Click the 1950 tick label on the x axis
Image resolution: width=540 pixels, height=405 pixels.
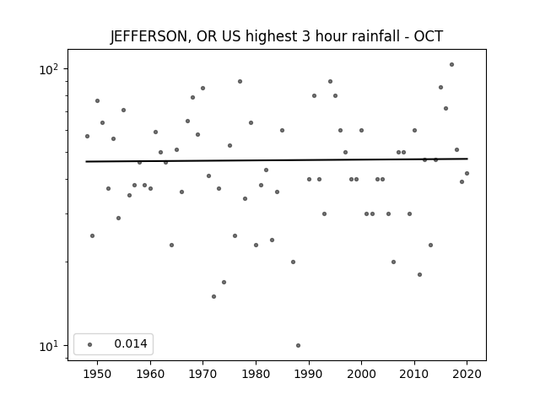click(x=98, y=374)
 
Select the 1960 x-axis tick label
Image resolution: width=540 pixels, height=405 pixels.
click(x=150, y=374)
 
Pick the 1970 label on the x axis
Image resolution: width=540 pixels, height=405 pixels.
click(x=202, y=374)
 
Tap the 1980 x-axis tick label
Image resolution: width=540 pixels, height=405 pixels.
click(x=256, y=374)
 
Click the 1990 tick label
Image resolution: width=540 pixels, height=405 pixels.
click(x=309, y=374)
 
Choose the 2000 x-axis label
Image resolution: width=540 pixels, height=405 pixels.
click(x=362, y=374)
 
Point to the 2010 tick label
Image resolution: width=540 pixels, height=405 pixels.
click(x=414, y=374)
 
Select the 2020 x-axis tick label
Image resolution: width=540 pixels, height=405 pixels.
click(x=467, y=374)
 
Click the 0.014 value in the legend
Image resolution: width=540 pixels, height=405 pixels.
click(x=131, y=343)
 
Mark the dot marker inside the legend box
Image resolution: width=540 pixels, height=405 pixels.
click(x=90, y=344)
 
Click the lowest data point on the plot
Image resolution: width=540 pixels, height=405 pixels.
click(x=298, y=345)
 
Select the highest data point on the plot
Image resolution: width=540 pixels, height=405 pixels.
click(x=452, y=64)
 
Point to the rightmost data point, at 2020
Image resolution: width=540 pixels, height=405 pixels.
click(x=467, y=173)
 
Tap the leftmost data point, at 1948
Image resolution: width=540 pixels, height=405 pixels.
click(x=87, y=136)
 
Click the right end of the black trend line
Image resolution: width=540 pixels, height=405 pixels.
click(x=467, y=159)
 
